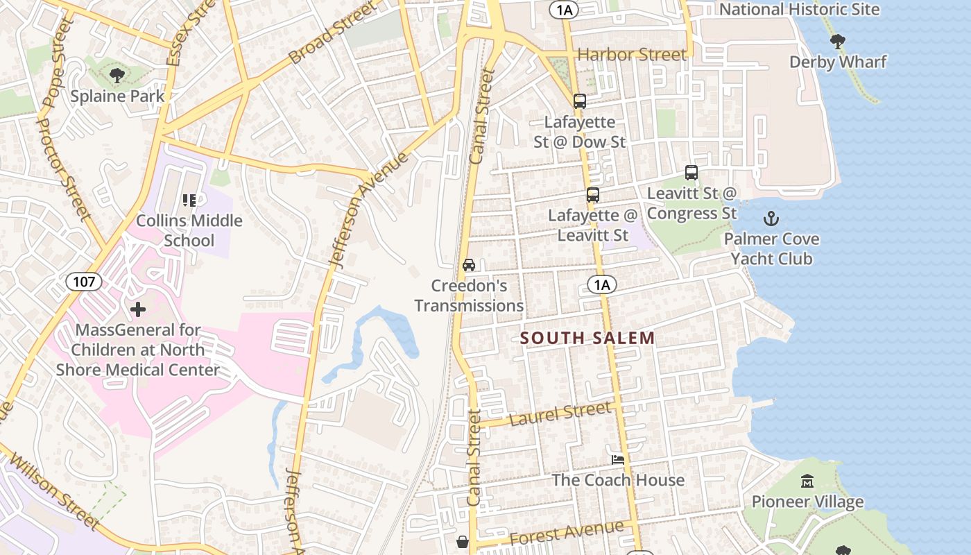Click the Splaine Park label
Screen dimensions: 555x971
point(117,96)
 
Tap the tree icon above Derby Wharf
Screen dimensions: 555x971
point(838,41)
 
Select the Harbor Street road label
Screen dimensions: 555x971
point(631,54)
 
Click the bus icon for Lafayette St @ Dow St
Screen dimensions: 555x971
point(580,101)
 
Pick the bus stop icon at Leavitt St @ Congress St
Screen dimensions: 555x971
point(691,173)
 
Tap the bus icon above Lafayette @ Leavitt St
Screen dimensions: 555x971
point(593,195)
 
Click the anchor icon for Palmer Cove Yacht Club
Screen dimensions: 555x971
point(771,219)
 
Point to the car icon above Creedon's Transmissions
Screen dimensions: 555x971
point(469,265)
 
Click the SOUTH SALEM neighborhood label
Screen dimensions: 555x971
point(587,339)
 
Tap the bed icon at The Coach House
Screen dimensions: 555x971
point(618,459)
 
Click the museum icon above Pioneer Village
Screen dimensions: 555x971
point(807,481)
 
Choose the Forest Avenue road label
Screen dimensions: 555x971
point(566,533)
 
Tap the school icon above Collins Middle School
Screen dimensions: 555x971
point(189,200)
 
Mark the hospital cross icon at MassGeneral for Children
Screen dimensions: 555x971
point(138,309)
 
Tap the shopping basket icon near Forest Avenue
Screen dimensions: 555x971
point(463,541)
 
